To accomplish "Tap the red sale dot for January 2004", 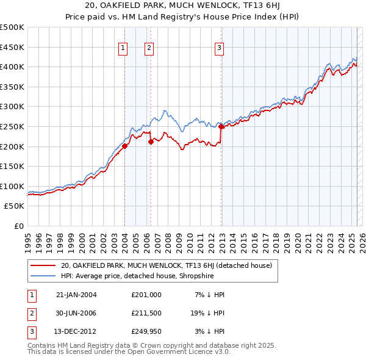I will tap(124, 146).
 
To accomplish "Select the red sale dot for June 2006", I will tap(151, 142).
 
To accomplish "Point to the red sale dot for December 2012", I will tap(221, 126).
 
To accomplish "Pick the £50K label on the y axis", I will tap(14, 206).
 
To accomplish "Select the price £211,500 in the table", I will tap(146, 313).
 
